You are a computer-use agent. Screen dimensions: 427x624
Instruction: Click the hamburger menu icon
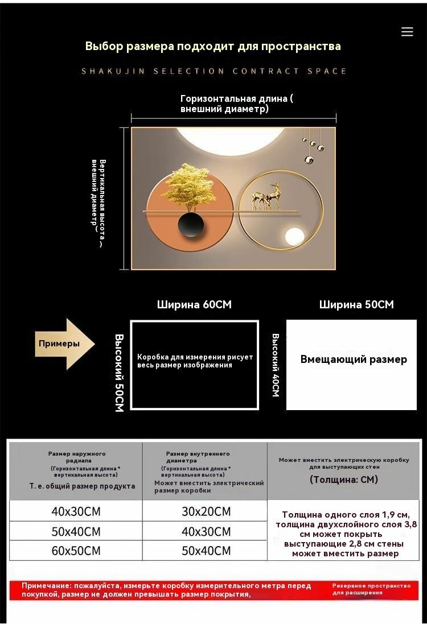pyautogui.click(x=407, y=32)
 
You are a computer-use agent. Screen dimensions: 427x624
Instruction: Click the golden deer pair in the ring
pyautogui.click(x=266, y=196)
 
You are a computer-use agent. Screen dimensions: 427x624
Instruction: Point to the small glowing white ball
pyautogui.click(x=295, y=237)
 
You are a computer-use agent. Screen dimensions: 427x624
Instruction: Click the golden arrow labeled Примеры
pyautogui.click(x=64, y=344)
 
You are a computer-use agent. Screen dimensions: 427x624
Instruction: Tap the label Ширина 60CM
pyautogui.click(x=194, y=304)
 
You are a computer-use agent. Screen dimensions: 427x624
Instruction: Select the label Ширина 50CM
pyautogui.click(x=356, y=304)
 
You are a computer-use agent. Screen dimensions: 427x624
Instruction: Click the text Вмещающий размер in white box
pyautogui.click(x=354, y=359)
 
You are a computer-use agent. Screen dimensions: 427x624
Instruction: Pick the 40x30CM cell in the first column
pyautogui.click(x=76, y=511)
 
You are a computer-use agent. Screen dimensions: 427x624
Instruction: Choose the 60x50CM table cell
pyautogui.click(x=76, y=551)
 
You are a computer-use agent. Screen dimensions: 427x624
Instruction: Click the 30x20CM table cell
pyautogui.click(x=206, y=511)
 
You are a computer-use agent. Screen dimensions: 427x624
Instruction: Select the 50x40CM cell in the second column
pyautogui.click(x=206, y=551)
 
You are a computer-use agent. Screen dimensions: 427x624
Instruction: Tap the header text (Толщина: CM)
pyautogui.click(x=344, y=480)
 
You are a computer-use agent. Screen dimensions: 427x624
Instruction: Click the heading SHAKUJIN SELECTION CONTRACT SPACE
pyautogui.click(x=213, y=71)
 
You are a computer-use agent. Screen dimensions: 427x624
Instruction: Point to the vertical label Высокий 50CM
pyautogui.click(x=119, y=373)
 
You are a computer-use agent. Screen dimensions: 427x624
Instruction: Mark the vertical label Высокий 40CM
pyautogui.click(x=275, y=365)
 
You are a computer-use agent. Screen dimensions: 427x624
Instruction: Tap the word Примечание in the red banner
pyautogui.click(x=47, y=585)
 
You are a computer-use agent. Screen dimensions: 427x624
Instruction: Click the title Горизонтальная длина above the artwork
pyautogui.click(x=234, y=98)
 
